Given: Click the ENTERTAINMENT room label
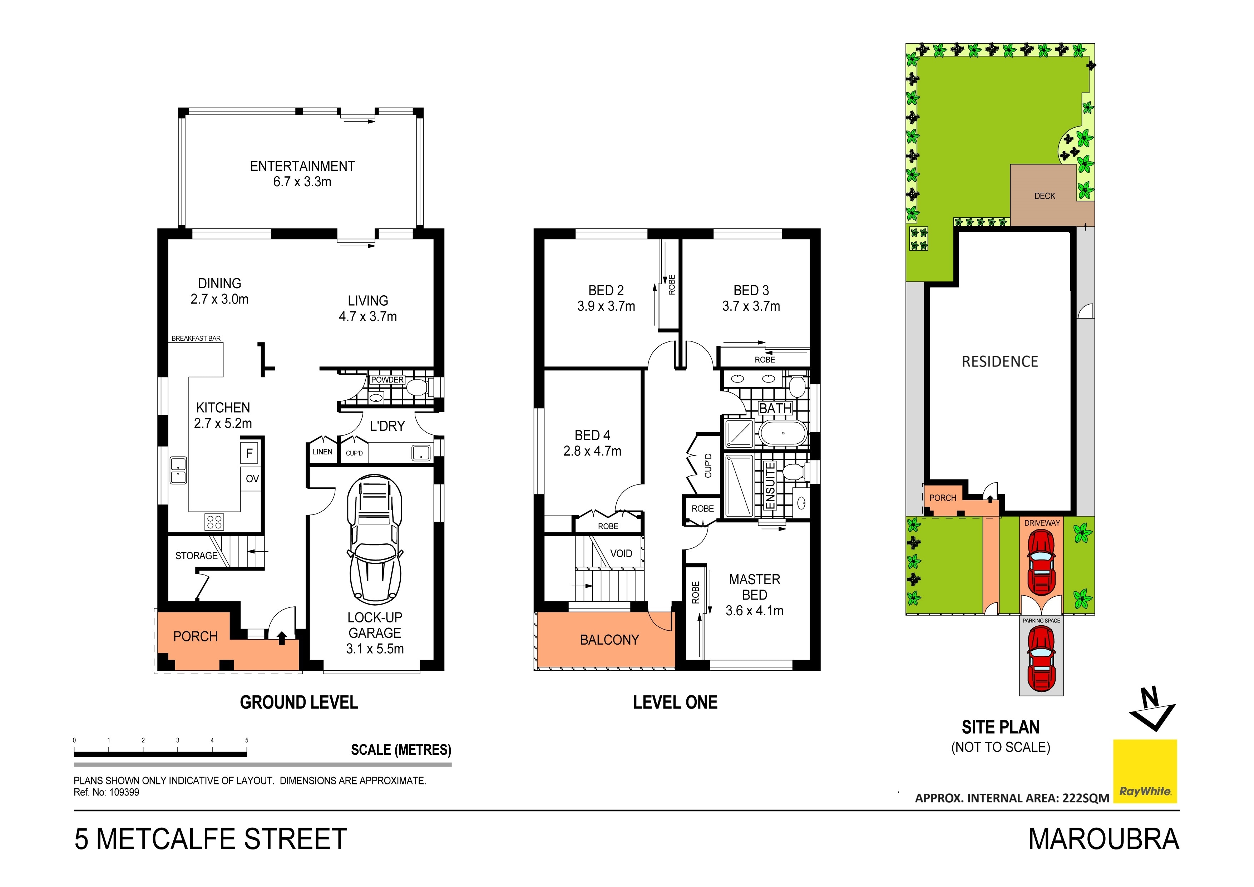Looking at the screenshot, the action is click(x=302, y=166).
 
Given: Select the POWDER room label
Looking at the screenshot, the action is click(x=387, y=380).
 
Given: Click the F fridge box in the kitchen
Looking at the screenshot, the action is click(x=249, y=453).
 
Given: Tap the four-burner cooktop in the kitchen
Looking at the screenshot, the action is click(x=214, y=522).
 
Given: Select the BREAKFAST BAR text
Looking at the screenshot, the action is click(x=196, y=339).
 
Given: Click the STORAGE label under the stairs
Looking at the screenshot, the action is click(x=196, y=556).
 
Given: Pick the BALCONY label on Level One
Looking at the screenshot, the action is click(x=609, y=640).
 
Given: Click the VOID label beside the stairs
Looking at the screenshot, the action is click(x=621, y=553).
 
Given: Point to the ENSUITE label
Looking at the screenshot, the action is click(x=770, y=486).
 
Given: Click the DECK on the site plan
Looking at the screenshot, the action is click(x=1044, y=196).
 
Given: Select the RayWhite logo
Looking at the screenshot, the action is click(x=1145, y=771).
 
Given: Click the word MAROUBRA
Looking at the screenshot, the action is click(x=1103, y=839).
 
